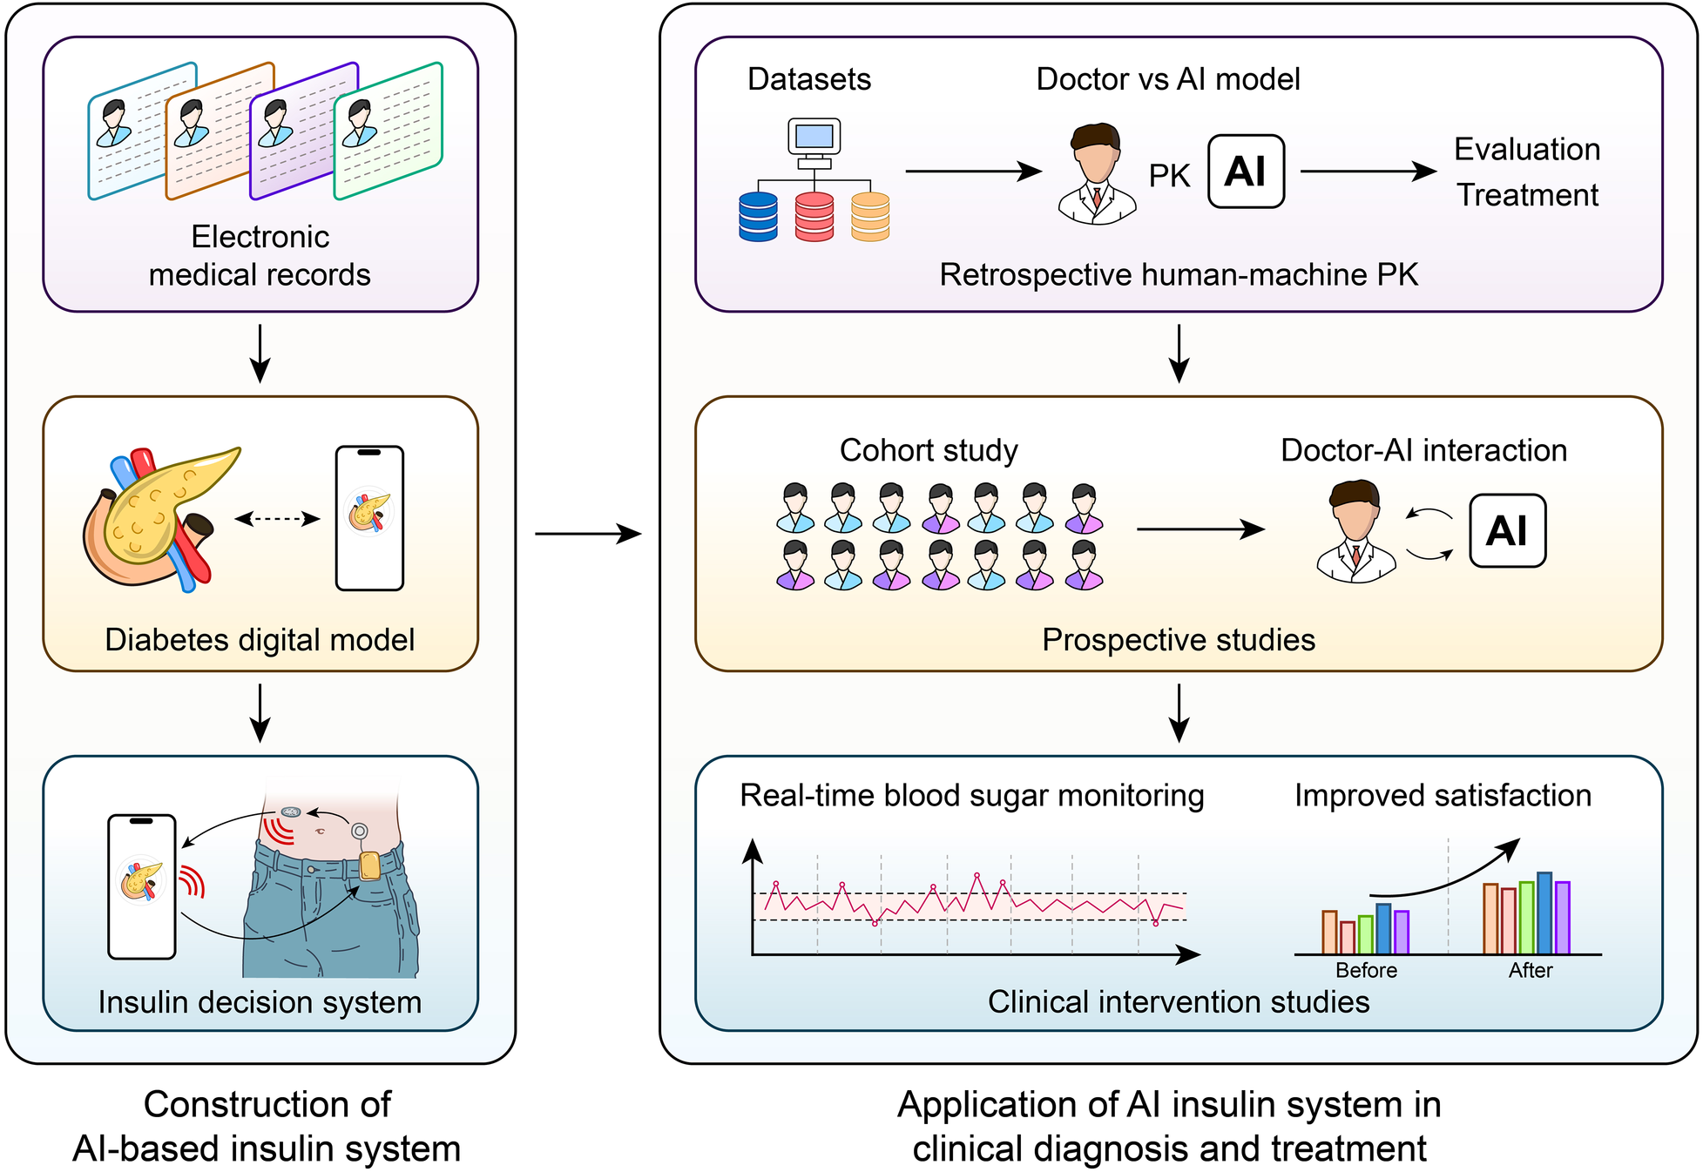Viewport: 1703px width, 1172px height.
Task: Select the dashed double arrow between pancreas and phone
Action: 278,519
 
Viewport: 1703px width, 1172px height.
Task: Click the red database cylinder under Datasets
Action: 814,217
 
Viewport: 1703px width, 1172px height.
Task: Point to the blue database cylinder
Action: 758,217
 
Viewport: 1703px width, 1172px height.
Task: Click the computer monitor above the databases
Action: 814,138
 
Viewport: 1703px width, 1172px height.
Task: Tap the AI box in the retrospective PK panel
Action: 1246,172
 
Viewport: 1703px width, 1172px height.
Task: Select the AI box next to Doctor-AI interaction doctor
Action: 1507,531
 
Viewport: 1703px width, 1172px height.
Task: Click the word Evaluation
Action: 1527,150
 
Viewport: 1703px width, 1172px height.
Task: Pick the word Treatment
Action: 1527,195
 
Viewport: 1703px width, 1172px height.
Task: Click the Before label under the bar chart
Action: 1366,970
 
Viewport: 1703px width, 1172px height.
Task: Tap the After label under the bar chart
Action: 1531,970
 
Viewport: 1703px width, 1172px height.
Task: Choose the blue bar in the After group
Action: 1544,913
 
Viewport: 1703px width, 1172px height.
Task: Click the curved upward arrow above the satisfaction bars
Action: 1446,875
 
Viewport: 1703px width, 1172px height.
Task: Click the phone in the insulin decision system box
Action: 142,886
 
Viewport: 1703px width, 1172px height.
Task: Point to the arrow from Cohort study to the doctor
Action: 1200,529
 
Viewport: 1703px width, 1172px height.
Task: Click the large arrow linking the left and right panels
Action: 588,533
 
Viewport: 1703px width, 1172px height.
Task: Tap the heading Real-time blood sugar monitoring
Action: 971,795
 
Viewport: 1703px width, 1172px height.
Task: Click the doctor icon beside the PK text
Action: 1097,174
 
